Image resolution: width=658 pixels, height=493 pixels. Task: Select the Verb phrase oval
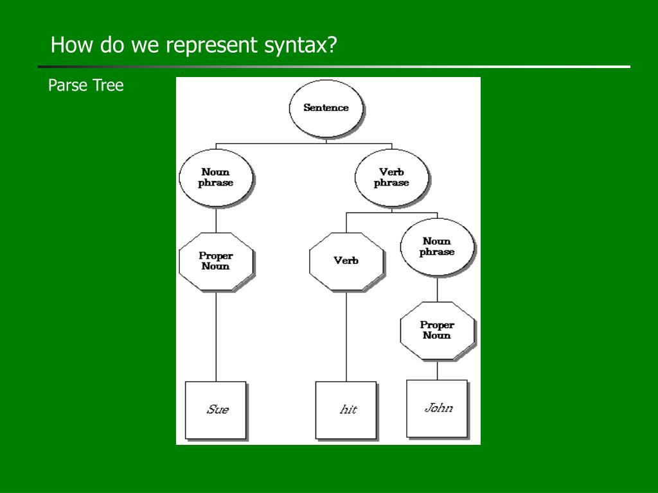pos(391,177)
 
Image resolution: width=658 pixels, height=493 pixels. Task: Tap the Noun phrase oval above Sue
pos(215,177)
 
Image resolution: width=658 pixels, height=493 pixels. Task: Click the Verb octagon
pos(346,261)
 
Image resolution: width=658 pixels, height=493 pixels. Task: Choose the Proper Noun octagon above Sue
pos(215,261)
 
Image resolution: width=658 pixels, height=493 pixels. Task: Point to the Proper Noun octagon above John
pos(437,330)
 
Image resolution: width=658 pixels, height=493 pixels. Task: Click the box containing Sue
pos(216,410)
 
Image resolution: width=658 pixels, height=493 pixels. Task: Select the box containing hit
pos(346,410)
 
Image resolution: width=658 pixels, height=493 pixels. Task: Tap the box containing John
pos(437,408)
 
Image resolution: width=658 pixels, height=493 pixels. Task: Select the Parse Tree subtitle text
pos(86,85)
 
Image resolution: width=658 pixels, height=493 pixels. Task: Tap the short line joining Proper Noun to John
pos(438,370)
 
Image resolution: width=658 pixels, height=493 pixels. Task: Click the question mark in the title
pos(332,46)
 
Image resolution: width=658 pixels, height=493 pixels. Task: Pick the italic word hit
pos(348,410)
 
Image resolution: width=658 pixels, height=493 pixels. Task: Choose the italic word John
pos(438,408)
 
